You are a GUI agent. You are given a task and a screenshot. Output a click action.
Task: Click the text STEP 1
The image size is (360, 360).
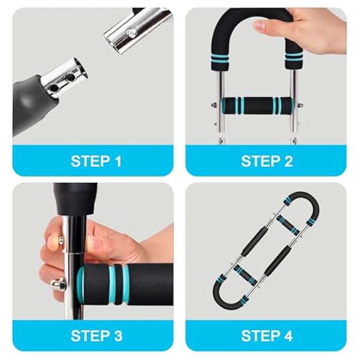click(x=96, y=161)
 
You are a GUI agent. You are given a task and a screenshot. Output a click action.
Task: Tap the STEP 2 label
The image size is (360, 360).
click(x=266, y=161)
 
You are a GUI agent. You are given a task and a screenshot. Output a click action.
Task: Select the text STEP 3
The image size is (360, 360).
click(x=96, y=336)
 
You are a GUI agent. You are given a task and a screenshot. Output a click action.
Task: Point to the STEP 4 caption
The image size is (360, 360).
click(x=266, y=336)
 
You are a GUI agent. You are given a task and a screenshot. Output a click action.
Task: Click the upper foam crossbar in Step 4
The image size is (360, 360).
click(x=287, y=224)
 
